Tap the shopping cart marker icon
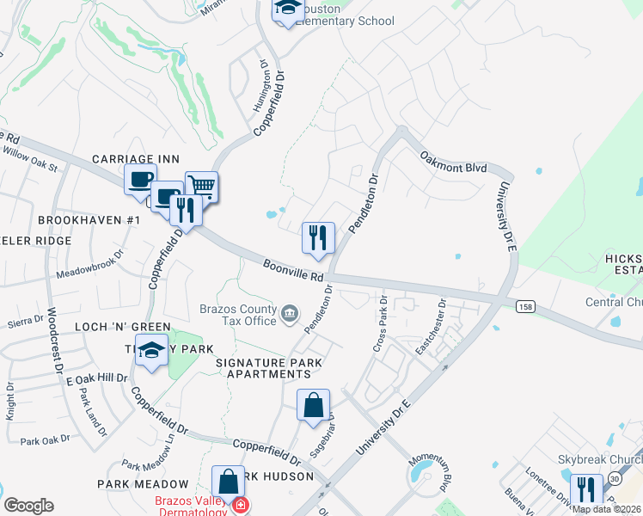(x=201, y=186)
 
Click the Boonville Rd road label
(x=293, y=271)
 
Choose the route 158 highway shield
(x=525, y=306)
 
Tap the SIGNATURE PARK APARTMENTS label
(x=269, y=370)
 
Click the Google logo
(x=28, y=506)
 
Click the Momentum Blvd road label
(x=446, y=474)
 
